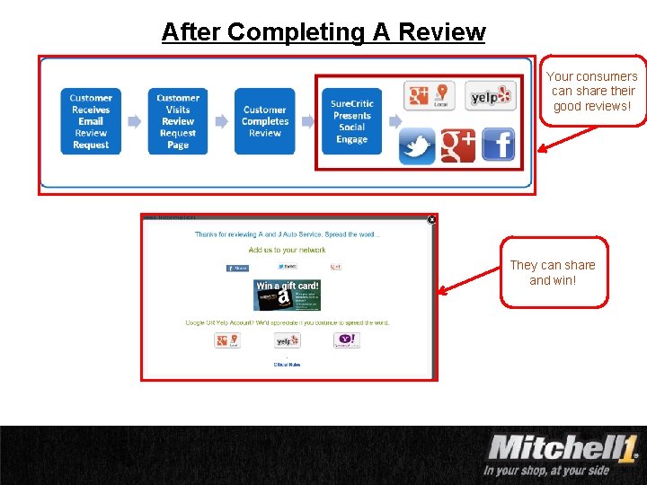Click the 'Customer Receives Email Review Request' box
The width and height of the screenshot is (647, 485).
tap(91, 121)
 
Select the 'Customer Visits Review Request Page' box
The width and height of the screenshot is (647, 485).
tap(178, 121)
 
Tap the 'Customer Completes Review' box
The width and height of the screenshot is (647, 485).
tap(264, 121)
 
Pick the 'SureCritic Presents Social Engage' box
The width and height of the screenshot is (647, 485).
tap(352, 121)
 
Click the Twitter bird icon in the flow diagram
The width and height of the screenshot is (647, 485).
tap(417, 145)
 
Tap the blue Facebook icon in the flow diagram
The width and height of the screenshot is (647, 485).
tap(499, 145)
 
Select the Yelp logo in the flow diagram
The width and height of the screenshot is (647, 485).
tap(491, 96)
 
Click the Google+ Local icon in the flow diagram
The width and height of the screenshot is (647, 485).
tap(430, 95)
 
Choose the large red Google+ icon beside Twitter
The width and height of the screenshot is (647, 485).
tap(457, 145)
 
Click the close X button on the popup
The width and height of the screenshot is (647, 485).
tap(431, 219)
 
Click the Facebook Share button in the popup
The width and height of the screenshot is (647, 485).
tap(237, 268)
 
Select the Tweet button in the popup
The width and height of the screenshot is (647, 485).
tap(287, 267)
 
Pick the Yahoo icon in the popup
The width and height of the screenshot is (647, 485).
tap(346, 340)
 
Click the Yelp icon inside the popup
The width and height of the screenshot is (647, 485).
tap(288, 340)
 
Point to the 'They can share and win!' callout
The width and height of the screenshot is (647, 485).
tap(553, 272)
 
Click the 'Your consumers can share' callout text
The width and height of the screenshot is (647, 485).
tap(592, 91)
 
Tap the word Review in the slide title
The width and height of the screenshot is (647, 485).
tap(441, 32)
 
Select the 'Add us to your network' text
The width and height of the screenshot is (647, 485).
tap(287, 250)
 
